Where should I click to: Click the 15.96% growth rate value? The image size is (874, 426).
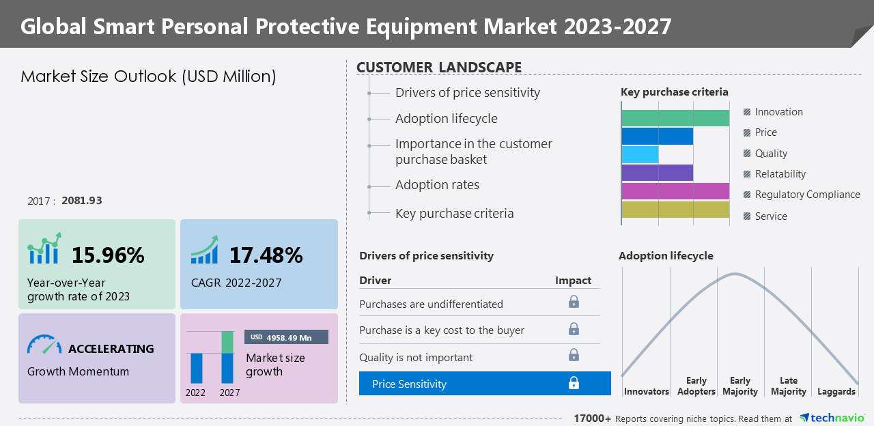pos(108,255)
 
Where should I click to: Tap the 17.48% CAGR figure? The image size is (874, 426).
pos(266,255)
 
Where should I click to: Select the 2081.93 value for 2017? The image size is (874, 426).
pos(82,201)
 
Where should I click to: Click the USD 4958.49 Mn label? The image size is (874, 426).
pos(286,337)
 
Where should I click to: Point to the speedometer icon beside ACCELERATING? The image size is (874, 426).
pos(44,345)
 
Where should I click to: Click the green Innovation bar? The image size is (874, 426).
pos(675,118)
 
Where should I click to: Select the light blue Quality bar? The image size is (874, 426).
pos(640,154)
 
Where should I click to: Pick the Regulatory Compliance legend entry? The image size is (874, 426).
pos(806,195)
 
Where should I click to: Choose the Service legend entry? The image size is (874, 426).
pos(770,216)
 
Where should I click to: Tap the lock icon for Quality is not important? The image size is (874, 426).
pos(574,355)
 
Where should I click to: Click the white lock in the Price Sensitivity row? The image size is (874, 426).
pos(574,384)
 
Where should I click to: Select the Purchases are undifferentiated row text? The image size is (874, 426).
pos(431,304)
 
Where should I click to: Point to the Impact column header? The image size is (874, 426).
pos(573,281)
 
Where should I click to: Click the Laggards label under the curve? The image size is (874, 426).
pos(836,392)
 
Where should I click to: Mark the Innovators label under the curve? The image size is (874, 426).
pos(647,392)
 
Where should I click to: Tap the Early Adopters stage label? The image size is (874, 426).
pos(696,386)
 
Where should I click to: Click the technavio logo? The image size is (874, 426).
pos(832,418)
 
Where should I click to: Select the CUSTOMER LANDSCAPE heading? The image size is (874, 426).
pos(439,68)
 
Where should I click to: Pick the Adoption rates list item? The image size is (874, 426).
pos(437,185)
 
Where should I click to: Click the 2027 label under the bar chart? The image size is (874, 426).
pos(229,393)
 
